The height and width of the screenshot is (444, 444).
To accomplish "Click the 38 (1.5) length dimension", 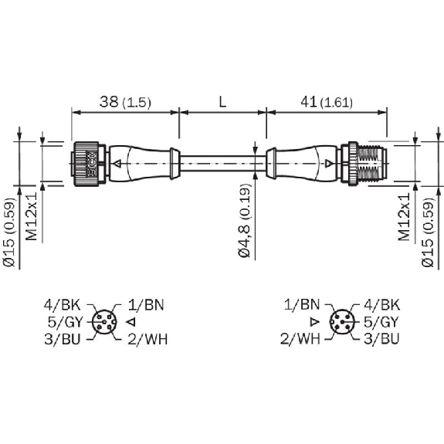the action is click(x=125, y=102).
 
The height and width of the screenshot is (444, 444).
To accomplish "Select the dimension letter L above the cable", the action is click(x=223, y=102).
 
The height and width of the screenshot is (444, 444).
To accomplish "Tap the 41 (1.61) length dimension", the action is click(x=327, y=102).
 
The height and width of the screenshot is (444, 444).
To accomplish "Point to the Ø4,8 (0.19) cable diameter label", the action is click(x=245, y=221).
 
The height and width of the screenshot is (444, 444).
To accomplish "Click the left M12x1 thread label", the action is click(x=32, y=216).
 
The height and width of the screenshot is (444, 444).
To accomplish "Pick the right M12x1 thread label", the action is click(x=404, y=217).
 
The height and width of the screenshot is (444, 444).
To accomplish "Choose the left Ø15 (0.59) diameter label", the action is click(x=9, y=232).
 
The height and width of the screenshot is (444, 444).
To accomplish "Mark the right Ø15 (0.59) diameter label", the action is click(x=428, y=232).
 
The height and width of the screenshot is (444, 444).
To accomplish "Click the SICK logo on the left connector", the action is click(x=91, y=164).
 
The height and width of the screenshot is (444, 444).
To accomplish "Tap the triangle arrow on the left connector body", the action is click(x=117, y=164).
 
